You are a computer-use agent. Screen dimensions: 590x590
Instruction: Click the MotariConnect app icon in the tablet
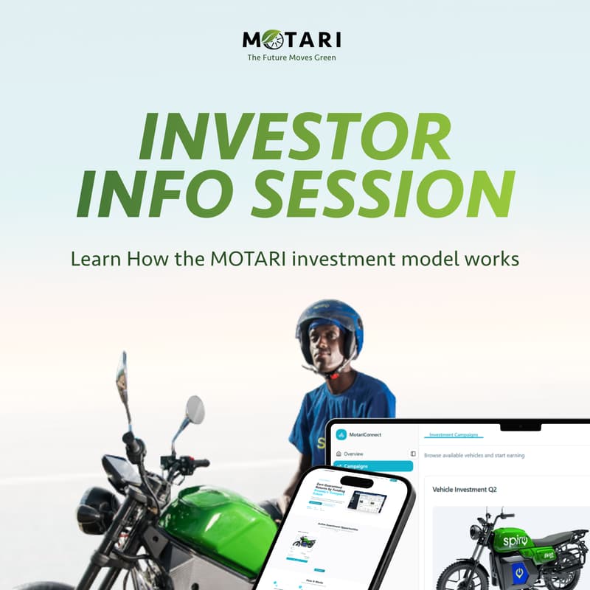tap(341, 434)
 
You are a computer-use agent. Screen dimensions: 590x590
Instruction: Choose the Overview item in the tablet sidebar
tap(353, 454)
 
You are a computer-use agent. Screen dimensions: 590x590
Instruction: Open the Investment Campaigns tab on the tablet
tap(454, 435)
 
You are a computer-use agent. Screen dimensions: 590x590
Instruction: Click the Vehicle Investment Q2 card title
tap(470, 490)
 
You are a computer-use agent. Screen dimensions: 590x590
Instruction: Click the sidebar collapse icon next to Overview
tap(413, 454)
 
